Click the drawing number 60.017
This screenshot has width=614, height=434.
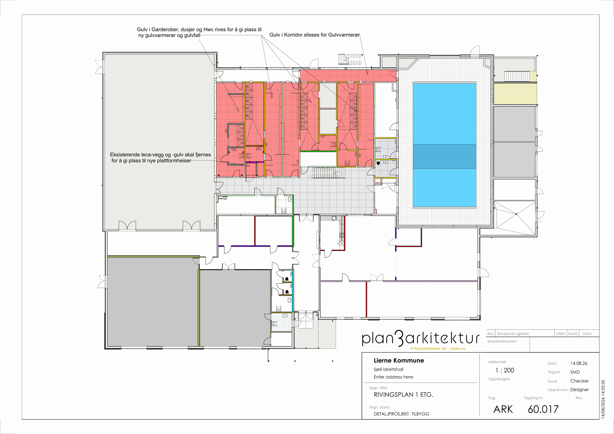click(543, 409)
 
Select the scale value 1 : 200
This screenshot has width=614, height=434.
click(505, 370)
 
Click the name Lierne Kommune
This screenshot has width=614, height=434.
click(399, 361)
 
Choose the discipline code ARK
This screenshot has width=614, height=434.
click(503, 409)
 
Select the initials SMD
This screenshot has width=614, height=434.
click(575, 372)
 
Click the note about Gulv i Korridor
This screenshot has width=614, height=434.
click(314, 35)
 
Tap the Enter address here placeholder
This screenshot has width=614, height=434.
click(393, 377)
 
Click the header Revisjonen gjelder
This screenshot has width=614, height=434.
click(513, 334)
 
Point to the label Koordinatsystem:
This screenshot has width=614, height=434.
click(502, 341)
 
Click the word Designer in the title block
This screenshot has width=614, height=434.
click(580, 390)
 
